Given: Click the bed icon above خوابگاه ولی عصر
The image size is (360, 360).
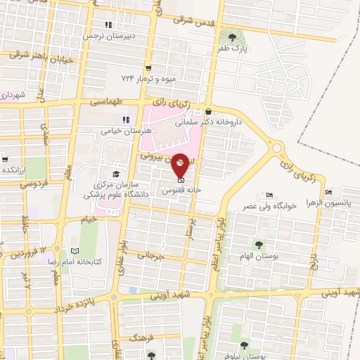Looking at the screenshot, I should (270, 195).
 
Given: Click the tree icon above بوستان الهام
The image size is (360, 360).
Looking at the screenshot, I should (259, 245).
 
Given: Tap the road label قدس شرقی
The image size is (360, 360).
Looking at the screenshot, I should (191, 22).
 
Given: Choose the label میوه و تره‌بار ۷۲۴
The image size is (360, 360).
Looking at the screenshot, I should (147, 74).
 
